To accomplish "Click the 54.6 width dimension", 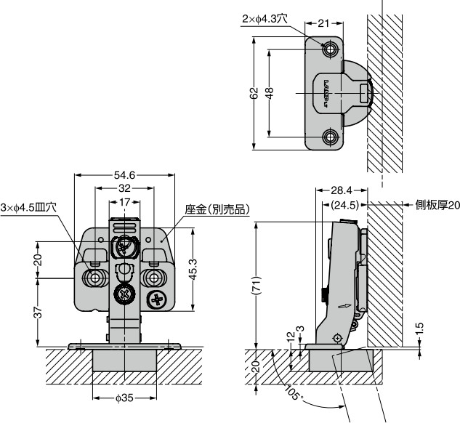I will click(x=126, y=175).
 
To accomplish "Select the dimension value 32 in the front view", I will click(x=125, y=188).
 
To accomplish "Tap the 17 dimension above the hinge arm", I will click(x=125, y=201).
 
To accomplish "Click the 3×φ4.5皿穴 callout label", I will click(x=28, y=206).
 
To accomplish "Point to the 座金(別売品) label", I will click(x=217, y=209).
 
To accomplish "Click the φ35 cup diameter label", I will click(x=125, y=399).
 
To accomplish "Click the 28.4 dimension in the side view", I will click(x=341, y=190).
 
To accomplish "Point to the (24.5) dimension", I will click(x=342, y=205).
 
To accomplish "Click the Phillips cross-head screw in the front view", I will click(x=158, y=299).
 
